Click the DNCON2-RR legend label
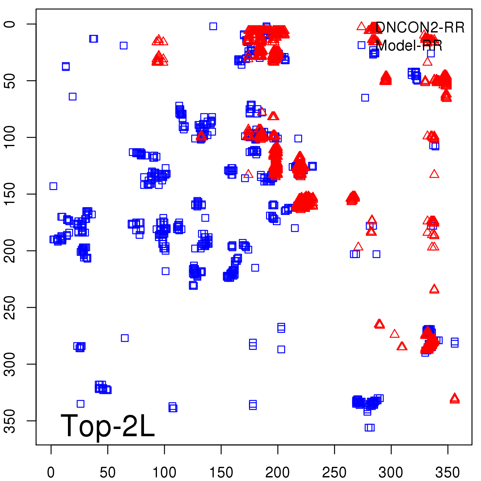pos(420,28)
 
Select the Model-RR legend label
pos(409,46)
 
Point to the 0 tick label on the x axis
pos(51,473)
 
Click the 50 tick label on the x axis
pos(108,473)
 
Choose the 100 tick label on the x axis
pos(164,473)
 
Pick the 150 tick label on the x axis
pos(221,473)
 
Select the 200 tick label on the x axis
pos(278,473)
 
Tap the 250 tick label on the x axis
pos(334,473)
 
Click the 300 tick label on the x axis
pos(391,473)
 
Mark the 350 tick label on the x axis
pos(448,473)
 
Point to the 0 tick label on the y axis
pos(10,24)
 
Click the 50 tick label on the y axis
pos(10,81)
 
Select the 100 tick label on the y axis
pos(10,137)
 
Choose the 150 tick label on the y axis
pos(10,194)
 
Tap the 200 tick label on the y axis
pos(10,251)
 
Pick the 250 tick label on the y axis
pos(10,307)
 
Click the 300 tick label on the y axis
pos(10,364)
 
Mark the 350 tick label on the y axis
pos(10,421)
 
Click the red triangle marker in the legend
pos(361,26)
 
